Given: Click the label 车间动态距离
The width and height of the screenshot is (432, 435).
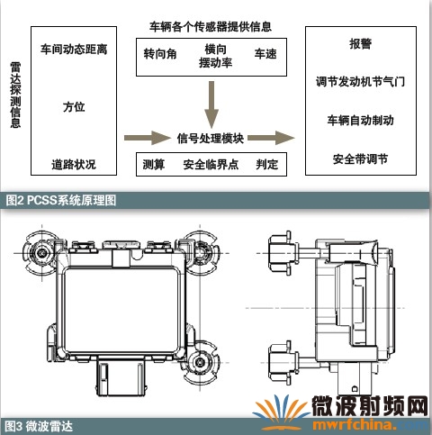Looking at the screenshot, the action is point(74,50).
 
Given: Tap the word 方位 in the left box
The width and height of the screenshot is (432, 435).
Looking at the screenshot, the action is point(74,107).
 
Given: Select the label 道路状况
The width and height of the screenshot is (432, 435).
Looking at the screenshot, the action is point(74,164).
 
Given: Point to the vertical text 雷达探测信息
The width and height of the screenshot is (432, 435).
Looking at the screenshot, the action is point(15,95).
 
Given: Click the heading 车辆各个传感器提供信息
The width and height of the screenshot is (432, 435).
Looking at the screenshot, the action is point(211,27).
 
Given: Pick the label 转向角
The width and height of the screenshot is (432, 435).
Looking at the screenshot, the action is point(160,54).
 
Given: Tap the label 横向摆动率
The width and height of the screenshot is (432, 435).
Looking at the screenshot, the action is point(215,56).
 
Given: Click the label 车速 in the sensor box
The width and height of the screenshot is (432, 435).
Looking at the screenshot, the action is point(265,54).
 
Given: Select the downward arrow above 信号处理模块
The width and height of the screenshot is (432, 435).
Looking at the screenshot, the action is point(211,104).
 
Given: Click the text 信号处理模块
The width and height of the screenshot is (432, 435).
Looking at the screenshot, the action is point(211,139).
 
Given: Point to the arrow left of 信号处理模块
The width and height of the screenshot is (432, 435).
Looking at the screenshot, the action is point(148,138).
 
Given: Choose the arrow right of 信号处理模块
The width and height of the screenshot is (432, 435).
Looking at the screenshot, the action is point(271,138).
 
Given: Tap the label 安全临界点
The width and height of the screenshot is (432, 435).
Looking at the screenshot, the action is point(211,165).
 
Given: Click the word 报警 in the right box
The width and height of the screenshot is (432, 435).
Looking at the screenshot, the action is point(361,44).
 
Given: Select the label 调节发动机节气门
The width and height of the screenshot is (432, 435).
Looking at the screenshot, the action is point(361,82).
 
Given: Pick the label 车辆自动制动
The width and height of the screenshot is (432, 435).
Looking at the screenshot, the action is point(361,120).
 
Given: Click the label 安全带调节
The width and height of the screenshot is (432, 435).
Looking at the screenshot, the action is point(361,159).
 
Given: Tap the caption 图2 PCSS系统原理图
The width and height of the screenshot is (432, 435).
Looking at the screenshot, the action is point(61,200).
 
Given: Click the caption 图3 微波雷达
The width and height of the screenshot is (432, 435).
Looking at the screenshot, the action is point(39,426).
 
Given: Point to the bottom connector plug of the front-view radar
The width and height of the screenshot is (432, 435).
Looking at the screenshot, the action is point(121,376).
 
